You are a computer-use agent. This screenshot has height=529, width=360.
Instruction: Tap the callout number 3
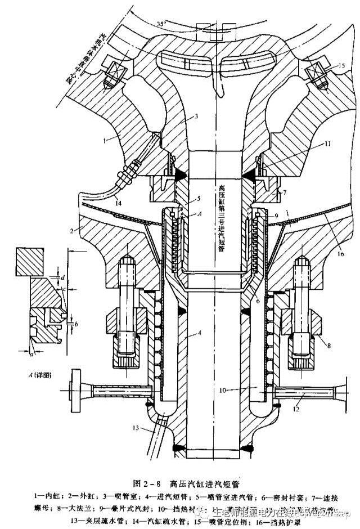point(197,116)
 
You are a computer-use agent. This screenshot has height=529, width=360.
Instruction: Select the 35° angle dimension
point(163,24)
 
